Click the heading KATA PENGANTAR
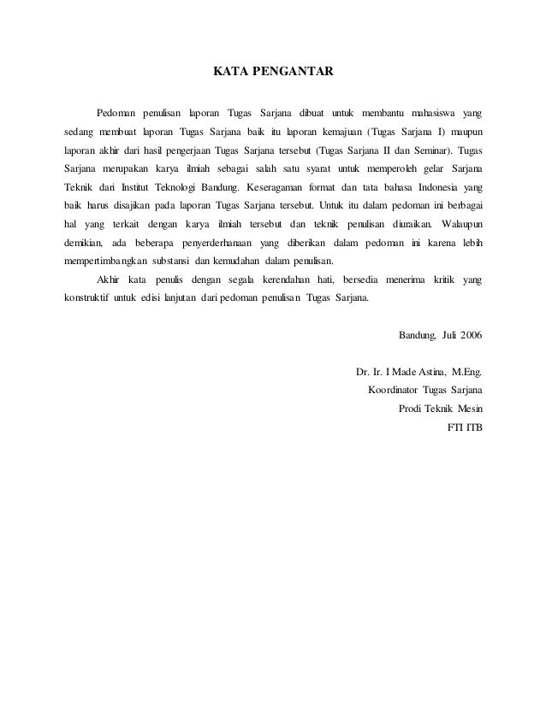pos(273,72)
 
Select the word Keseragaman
pos(287,187)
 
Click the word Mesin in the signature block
pos(466,409)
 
